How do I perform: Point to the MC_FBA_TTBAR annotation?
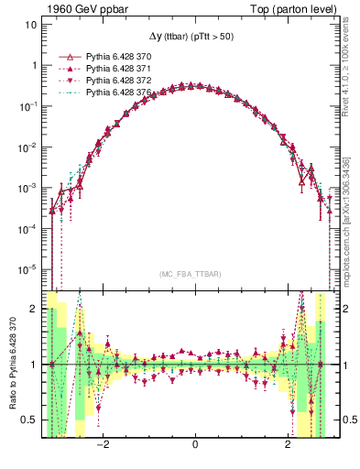coord(188,274)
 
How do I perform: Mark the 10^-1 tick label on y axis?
coord(29,106)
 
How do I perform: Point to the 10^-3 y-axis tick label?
coord(29,188)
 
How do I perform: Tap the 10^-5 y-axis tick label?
coord(29,269)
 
